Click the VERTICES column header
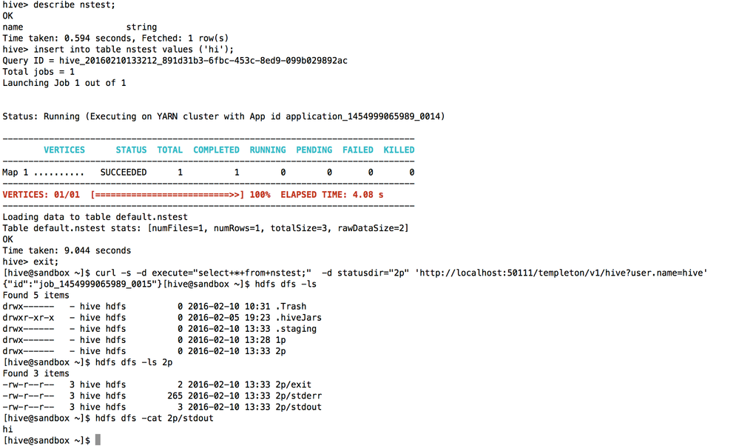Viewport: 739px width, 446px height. coord(64,150)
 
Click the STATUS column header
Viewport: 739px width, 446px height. coord(131,150)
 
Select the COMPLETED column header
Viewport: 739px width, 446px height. coord(216,150)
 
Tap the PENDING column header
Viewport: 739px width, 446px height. coord(314,150)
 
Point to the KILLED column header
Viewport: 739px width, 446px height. coord(399,150)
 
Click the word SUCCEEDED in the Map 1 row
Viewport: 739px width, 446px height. coord(124,172)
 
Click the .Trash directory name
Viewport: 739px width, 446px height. coord(288,306)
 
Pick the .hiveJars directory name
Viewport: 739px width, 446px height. coord(296,317)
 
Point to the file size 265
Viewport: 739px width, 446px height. coord(175,396)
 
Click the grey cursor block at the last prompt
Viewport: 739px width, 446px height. coord(98,440)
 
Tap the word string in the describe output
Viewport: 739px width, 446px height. coord(142,27)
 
